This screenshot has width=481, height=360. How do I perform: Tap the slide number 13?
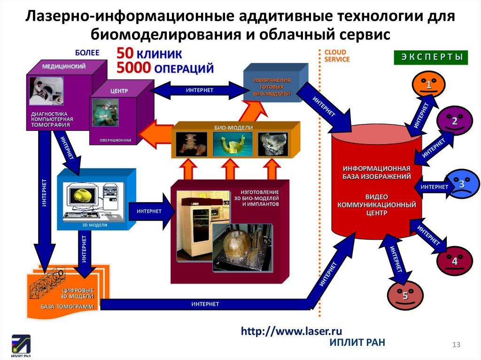(455, 345)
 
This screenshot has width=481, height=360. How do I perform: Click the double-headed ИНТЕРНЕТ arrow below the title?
(200, 90)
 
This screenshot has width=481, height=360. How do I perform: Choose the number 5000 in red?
(133, 68)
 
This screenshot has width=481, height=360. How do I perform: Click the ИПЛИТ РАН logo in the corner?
(21, 345)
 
